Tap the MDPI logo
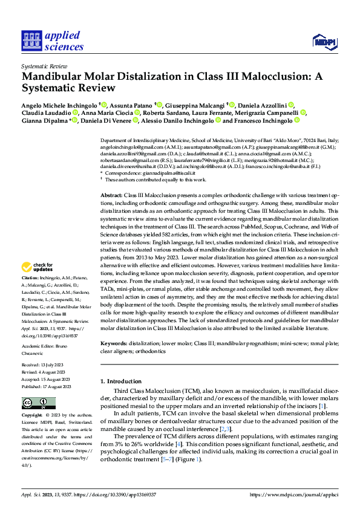pyautogui.click(x=323, y=41)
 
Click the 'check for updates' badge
pyautogui.click(x=38, y=267)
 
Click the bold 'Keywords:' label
pyautogui.click(x=114, y=343)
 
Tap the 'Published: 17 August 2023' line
pyautogui.click(x=46, y=386)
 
